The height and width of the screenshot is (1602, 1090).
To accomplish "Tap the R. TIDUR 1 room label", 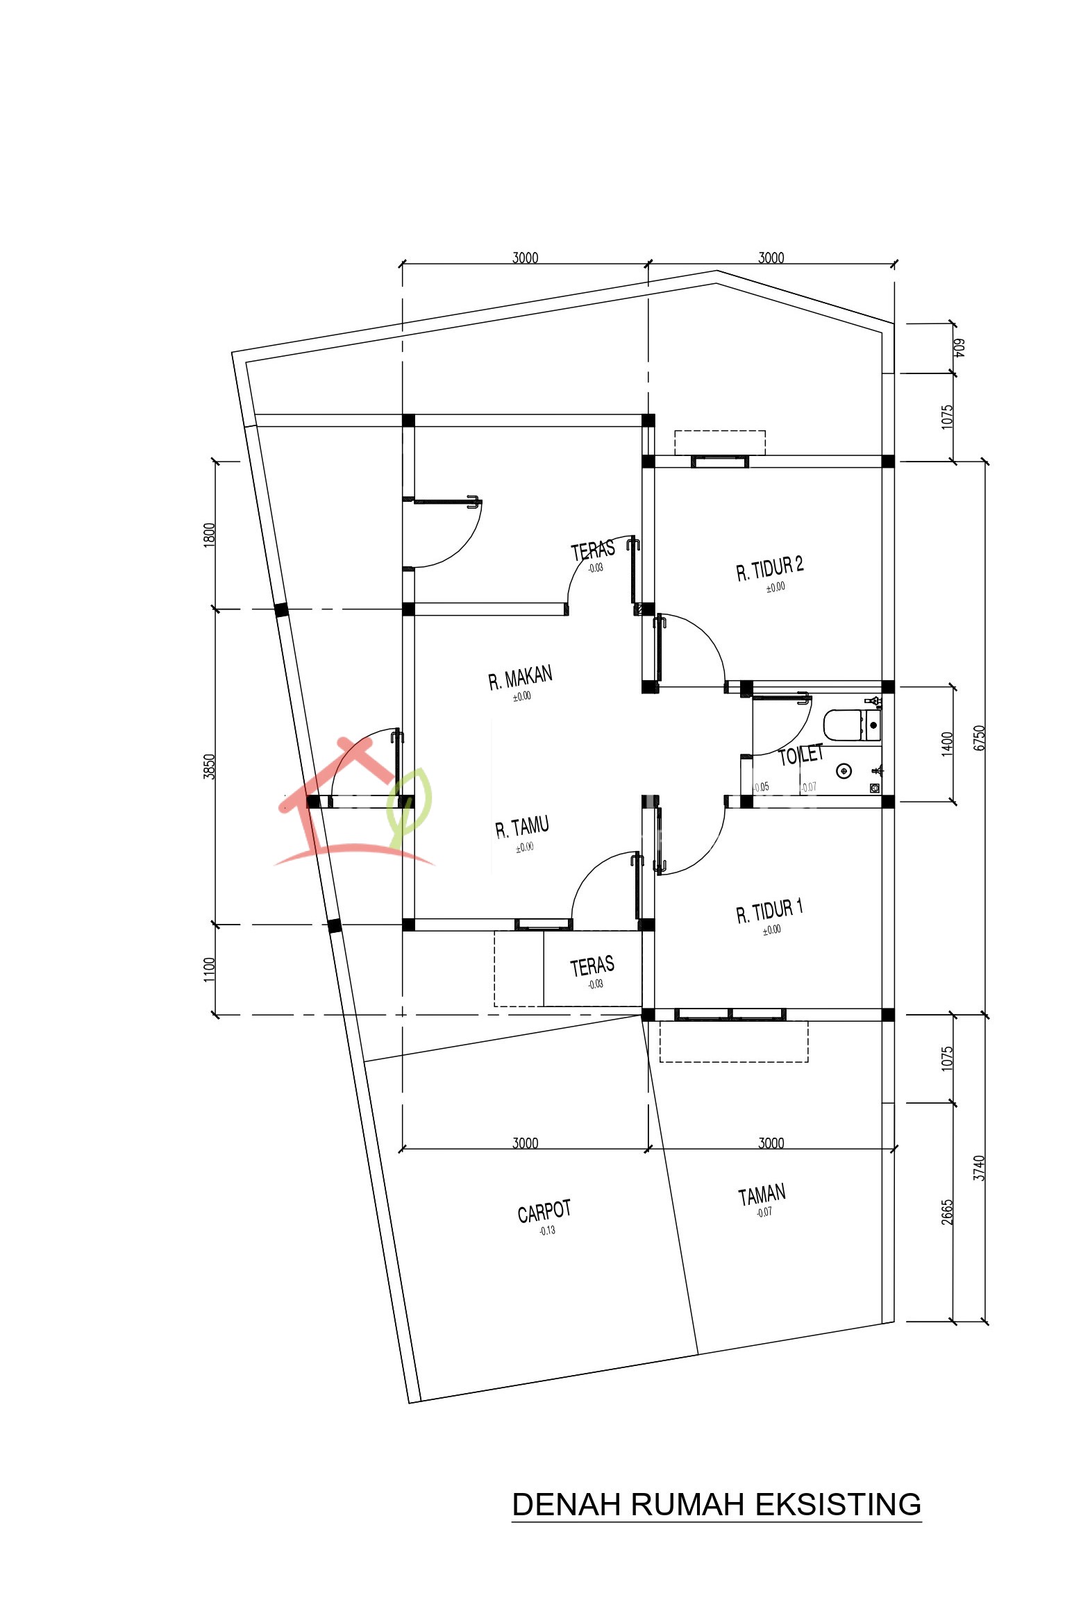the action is pos(770,911).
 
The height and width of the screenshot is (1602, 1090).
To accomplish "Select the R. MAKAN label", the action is pos(520,677).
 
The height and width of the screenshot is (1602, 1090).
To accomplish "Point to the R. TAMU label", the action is pos(522,827).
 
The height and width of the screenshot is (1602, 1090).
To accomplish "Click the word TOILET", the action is pos(800,754).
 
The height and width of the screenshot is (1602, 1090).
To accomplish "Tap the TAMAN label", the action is pos(762,1195).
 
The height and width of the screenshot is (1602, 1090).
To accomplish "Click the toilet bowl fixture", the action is pos(844,725).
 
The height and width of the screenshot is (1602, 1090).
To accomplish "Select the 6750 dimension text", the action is pos(979,737).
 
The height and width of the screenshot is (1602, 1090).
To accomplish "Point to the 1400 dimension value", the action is pos(948,744).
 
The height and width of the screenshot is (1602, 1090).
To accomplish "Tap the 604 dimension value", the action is pos(959,348).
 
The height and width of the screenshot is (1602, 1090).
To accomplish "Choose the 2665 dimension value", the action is pos(948,1212).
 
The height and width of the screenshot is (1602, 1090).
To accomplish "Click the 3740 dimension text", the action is pos(979,1167).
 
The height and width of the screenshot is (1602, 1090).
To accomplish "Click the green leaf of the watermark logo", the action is pos(410,805).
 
